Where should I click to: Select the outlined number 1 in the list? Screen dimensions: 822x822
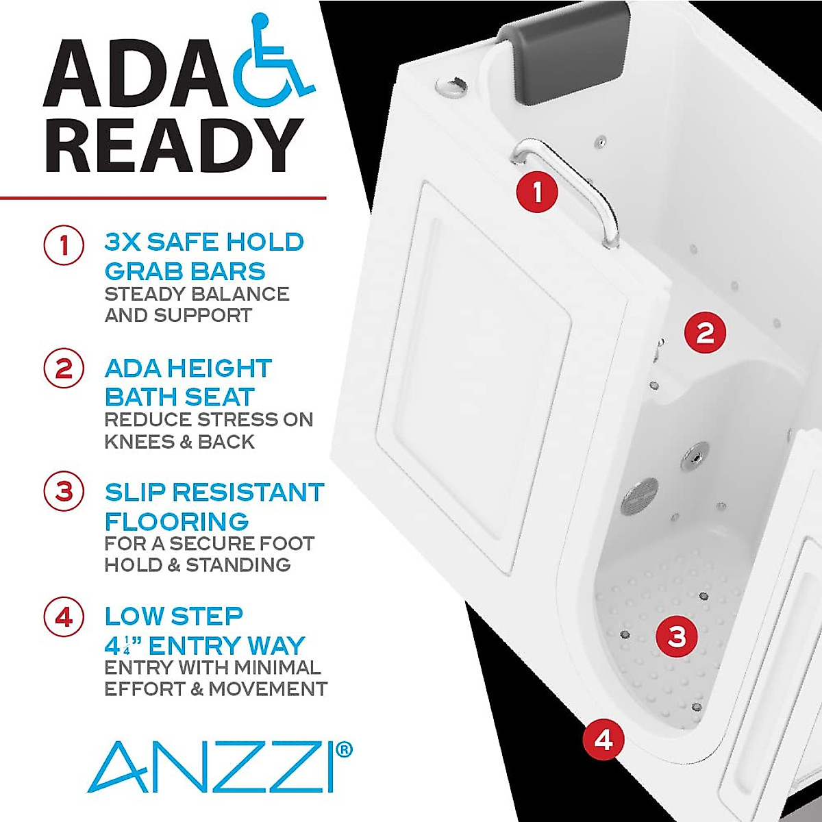point(64,245)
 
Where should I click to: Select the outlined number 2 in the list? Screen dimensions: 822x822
point(64,369)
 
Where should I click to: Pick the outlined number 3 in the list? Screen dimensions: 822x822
point(64,492)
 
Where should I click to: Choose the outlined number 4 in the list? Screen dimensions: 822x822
point(64,616)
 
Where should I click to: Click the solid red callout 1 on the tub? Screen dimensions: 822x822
point(537,192)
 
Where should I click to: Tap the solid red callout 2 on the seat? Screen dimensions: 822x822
point(705,332)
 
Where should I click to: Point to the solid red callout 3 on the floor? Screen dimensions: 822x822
point(677,636)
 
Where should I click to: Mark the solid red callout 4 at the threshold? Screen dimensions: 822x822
point(603,739)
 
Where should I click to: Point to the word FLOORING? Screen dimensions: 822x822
point(177,521)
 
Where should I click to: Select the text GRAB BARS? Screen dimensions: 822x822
point(185,271)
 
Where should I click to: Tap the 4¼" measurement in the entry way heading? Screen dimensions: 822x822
point(123,646)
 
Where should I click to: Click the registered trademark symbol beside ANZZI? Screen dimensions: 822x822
point(345,749)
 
